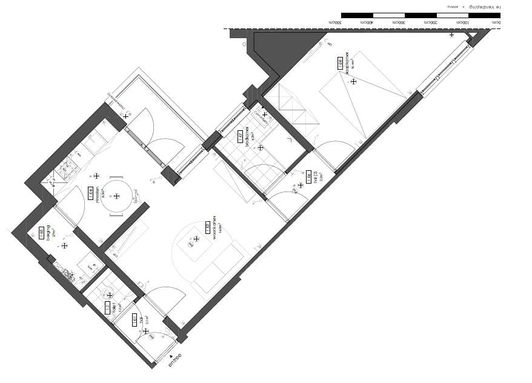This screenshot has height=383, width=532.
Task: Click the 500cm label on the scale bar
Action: [335, 22]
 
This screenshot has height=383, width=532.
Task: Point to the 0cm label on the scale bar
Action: [496, 22]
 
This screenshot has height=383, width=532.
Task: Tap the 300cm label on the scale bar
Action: [400, 22]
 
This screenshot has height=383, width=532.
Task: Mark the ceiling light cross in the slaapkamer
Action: [353, 81]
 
